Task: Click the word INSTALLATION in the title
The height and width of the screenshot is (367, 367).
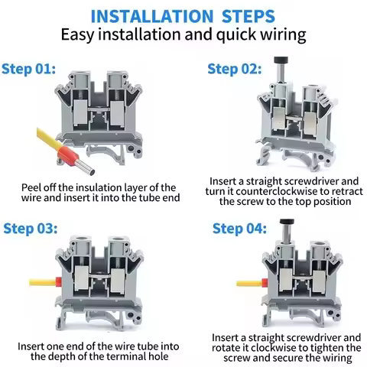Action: [152, 16]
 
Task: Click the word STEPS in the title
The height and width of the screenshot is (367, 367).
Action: [248, 16]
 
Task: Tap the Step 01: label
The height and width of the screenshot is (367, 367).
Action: [28, 69]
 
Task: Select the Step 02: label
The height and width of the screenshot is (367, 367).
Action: [235, 69]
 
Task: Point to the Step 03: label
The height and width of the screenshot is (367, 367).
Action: [31, 229]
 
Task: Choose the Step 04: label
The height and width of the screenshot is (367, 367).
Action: [239, 229]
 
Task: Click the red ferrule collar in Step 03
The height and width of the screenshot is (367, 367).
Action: [58, 281]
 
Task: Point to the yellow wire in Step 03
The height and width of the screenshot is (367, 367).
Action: [42, 282]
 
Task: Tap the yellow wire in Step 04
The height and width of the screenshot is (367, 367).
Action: [249, 284]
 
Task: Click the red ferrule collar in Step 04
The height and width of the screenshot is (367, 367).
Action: [265, 283]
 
